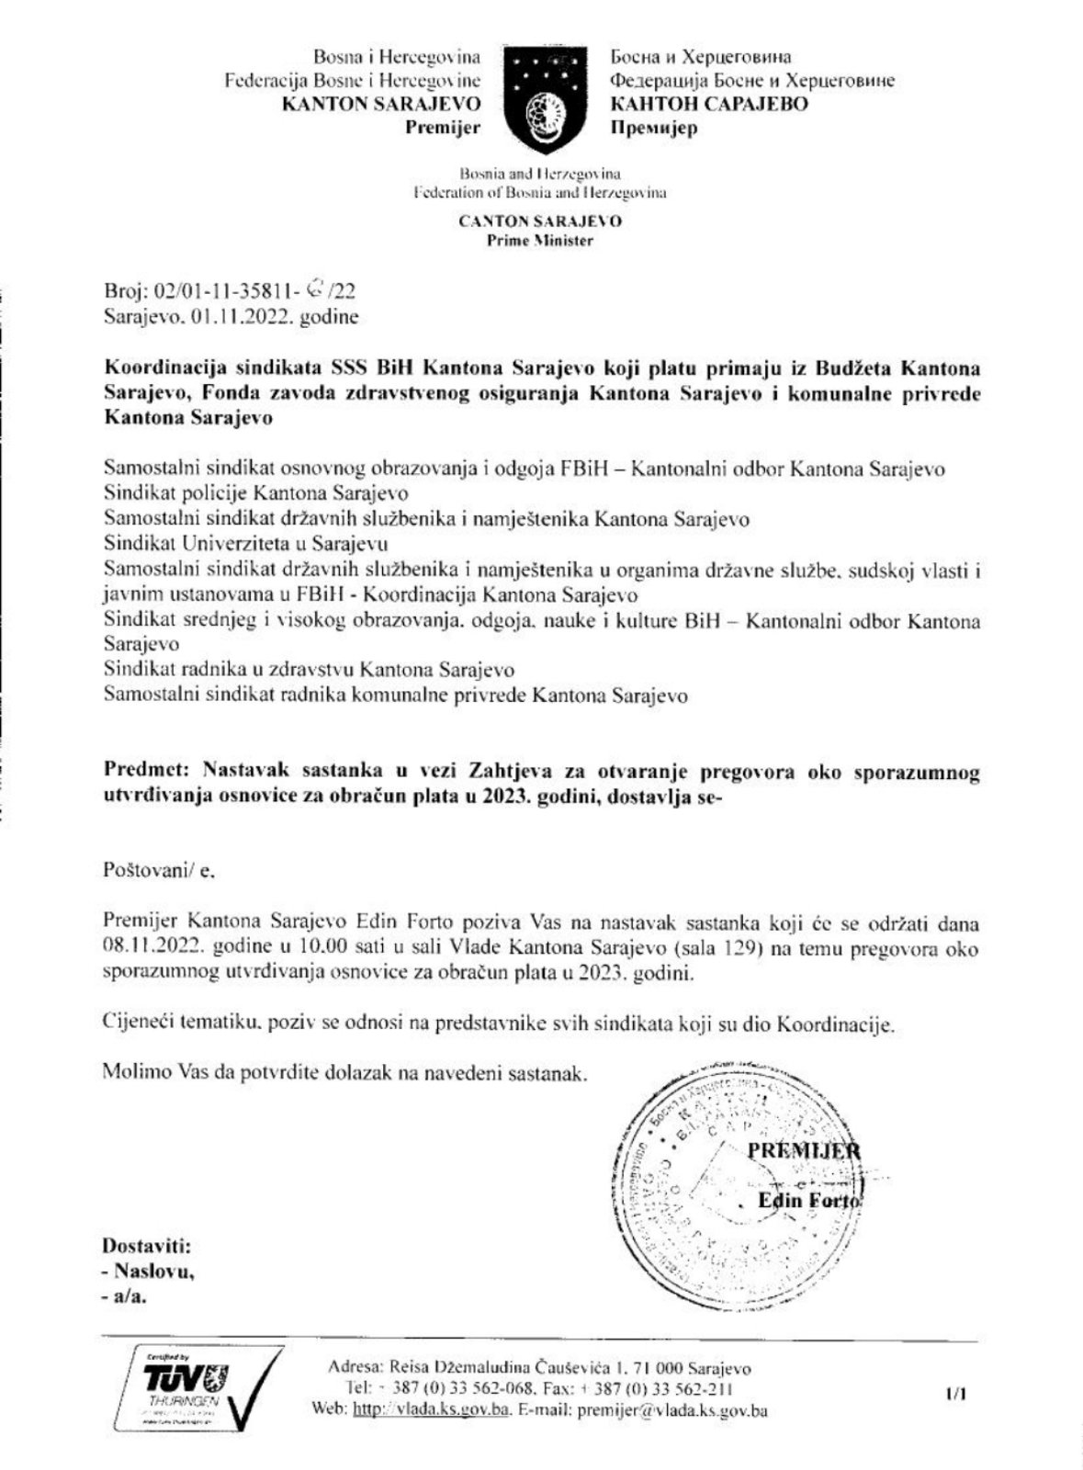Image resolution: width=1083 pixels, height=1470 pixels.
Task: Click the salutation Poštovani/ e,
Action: tap(158, 870)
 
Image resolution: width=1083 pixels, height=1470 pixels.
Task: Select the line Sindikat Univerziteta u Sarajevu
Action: tap(245, 542)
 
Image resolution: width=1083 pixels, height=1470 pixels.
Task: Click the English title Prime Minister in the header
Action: tap(540, 241)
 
